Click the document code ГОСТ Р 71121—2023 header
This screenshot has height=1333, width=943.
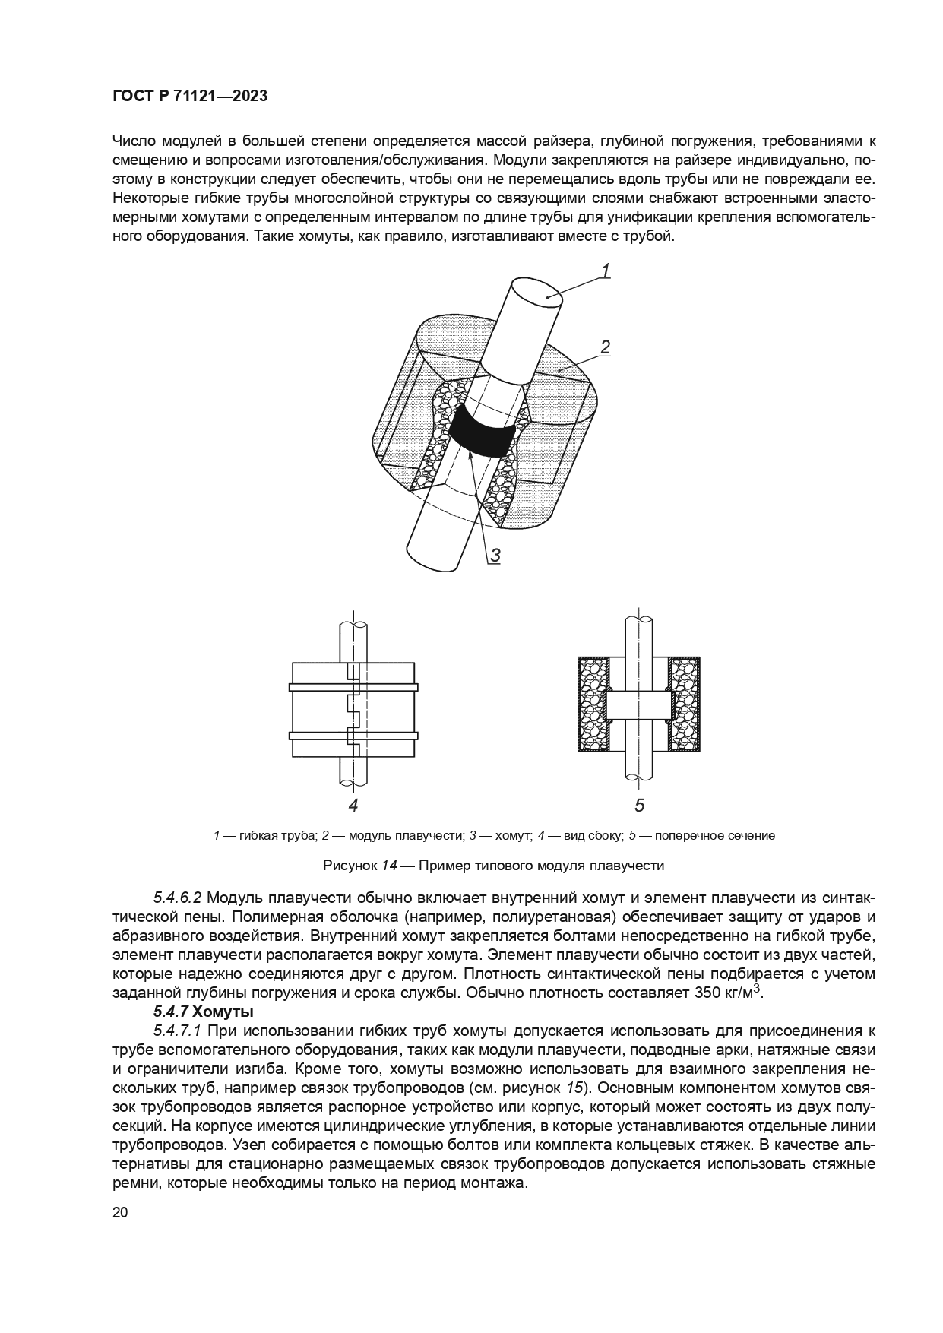pos(190,97)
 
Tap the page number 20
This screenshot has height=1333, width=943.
pos(120,1212)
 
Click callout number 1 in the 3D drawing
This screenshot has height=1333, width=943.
pos(606,271)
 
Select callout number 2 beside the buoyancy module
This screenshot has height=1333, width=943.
pos(606,348)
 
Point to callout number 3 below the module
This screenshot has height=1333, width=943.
pos(495,556)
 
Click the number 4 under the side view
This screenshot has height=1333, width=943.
pos(353,806)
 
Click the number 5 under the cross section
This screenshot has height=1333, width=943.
pos(639,806)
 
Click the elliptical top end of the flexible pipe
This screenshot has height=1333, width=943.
pos(536,293)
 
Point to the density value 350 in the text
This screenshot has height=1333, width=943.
pos(707,993)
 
